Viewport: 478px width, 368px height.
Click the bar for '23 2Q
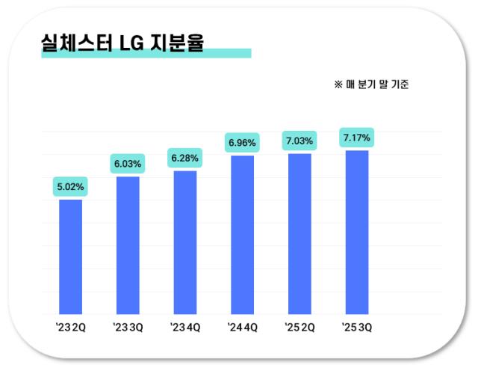tap(70, 257)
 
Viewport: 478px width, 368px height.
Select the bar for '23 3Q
tap(128, 245)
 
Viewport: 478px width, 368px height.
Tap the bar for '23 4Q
tap(185, 242)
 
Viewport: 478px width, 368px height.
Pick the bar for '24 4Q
tap(242, 235)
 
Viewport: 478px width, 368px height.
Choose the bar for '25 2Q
tap(299, 233)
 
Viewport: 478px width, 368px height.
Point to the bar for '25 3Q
tap(356, 232)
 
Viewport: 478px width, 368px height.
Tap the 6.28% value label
tap(185, 158)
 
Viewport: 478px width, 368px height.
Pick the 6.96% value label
tap(242, 142)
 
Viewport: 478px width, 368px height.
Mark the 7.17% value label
tap(356, 138)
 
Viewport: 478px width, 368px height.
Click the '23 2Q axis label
tap(70, 327)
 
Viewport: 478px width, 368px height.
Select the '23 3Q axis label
tap(128, 327)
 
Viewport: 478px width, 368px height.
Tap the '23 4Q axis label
tap(185, 327)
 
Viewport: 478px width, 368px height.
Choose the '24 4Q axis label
tap(242, 327)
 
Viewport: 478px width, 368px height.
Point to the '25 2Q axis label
tap(299, 327)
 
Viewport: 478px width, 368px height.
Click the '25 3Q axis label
tap(356, 327)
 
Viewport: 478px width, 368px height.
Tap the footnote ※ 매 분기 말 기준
tap(371, 85)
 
